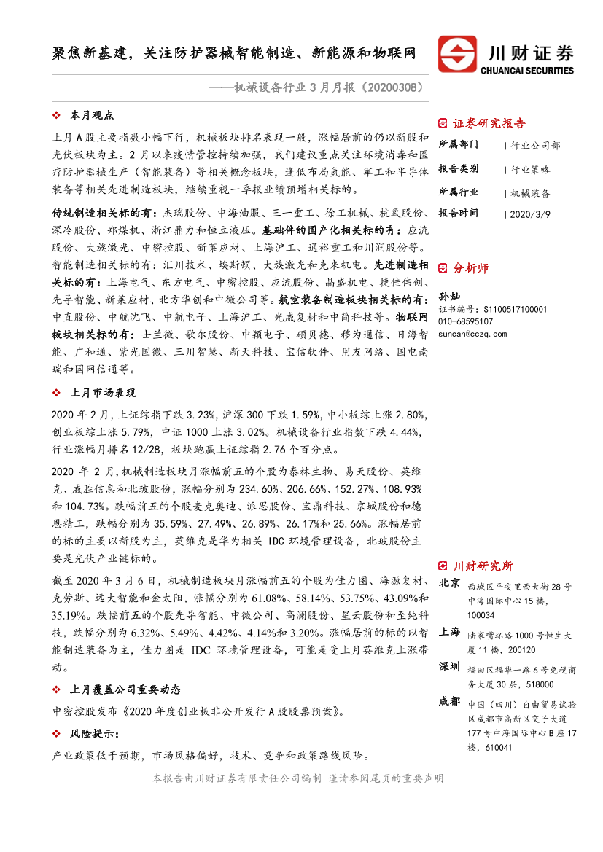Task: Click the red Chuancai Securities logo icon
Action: coord(456,55)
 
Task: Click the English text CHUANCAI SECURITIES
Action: coord(528,71)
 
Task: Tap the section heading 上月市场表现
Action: coord(102,393)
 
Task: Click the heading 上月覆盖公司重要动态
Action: coord(124,689)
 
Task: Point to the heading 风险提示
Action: coord(94,733)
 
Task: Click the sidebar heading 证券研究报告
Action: coord(489,123)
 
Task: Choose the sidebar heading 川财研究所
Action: coord(483,566)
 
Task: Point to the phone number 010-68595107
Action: coord(466,321)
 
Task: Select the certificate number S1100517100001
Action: coord(510,310)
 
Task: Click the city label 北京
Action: coord(449,583)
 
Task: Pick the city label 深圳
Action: coord(449,668)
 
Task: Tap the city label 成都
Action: coord(449,702)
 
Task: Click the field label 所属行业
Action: coord(459,192)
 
